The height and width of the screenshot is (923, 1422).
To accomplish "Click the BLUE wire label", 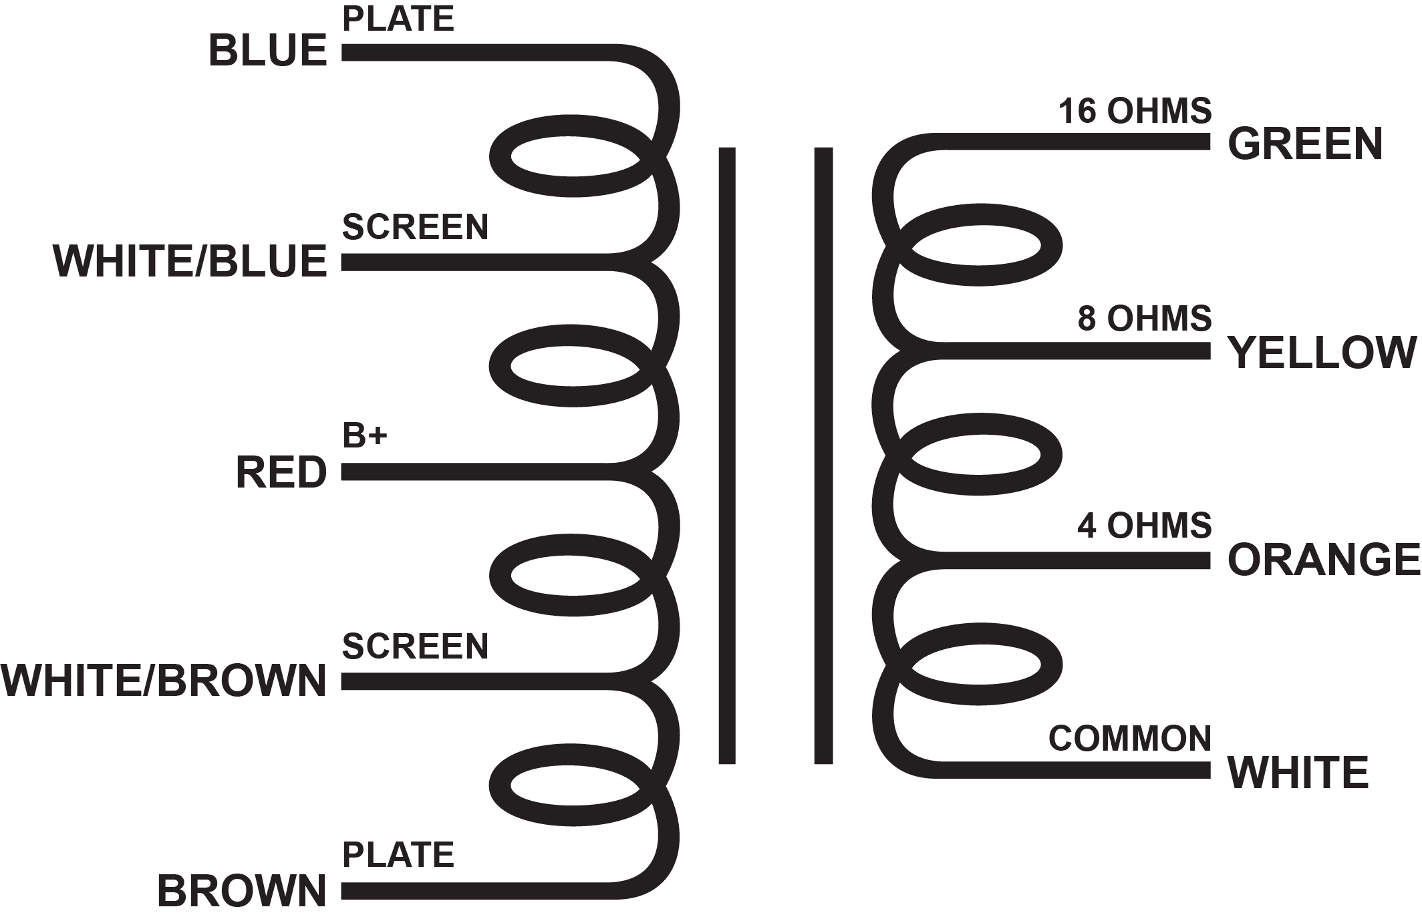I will coord(267,51).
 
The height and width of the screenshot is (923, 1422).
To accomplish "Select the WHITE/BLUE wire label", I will coord(190,261).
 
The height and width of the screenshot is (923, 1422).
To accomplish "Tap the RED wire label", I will coord(281,472).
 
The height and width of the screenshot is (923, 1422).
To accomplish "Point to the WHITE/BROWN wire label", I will coord(164,681).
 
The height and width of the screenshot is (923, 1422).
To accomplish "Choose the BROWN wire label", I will coord(242,891).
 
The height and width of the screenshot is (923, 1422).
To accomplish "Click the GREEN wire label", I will coord(1305,144).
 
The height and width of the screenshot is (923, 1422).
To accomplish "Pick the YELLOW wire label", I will coord(1323,353).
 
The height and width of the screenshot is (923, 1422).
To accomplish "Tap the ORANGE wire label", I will coord(1324,560).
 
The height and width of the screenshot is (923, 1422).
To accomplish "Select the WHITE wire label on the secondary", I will coord(1298,773).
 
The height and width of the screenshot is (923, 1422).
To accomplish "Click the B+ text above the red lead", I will coord(365,436).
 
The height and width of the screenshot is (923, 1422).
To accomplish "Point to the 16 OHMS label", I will coord(1135,111).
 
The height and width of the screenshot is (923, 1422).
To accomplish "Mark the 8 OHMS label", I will coord(1144,319).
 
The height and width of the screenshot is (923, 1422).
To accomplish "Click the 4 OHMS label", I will coord(1144,526).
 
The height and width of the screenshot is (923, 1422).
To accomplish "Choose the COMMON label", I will coord(1129,739).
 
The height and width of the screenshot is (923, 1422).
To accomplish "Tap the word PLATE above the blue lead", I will coord(398,19).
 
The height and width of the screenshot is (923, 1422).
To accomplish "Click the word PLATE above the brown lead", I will coord(398,855).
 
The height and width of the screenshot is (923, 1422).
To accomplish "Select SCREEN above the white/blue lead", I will coord(415,227).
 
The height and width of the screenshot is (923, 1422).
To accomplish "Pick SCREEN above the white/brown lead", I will coord(415,647).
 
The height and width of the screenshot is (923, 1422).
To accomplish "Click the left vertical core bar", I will coord(727,455).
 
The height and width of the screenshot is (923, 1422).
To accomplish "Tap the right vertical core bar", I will coord(823,455).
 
